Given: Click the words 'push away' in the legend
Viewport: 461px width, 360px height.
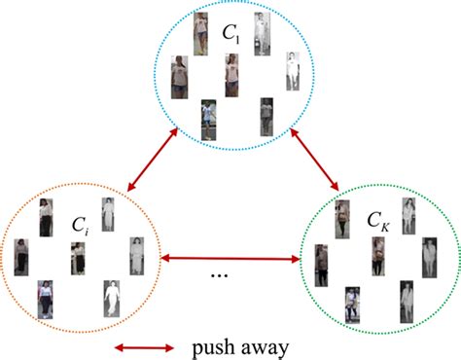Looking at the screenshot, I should click(x=232, y=345).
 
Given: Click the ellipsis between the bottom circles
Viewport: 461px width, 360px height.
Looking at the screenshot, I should click(x=220, y=275).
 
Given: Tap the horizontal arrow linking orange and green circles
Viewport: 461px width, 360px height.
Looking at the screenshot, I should click(x=230, y=258).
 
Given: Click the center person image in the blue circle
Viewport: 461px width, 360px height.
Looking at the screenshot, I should click(x=232, y=73).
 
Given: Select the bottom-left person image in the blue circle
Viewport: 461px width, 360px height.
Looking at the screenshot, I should click(x=208, y=120).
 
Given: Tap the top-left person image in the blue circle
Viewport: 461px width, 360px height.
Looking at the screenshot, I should click(x=200, y=32).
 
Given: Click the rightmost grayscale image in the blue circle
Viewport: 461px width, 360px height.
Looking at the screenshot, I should click(x=293, y=71).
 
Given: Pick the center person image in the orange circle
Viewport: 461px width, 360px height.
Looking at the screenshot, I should click(x=78, y=258).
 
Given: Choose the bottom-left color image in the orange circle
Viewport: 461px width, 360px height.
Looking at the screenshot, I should click(x=45, y=298).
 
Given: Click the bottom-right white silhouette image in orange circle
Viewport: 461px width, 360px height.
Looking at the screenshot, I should click(x=113, y=298).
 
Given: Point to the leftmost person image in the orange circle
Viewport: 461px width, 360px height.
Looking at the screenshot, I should click(x=21, y=258).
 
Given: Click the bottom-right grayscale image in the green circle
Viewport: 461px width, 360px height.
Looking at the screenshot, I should click(x=408, y=299).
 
